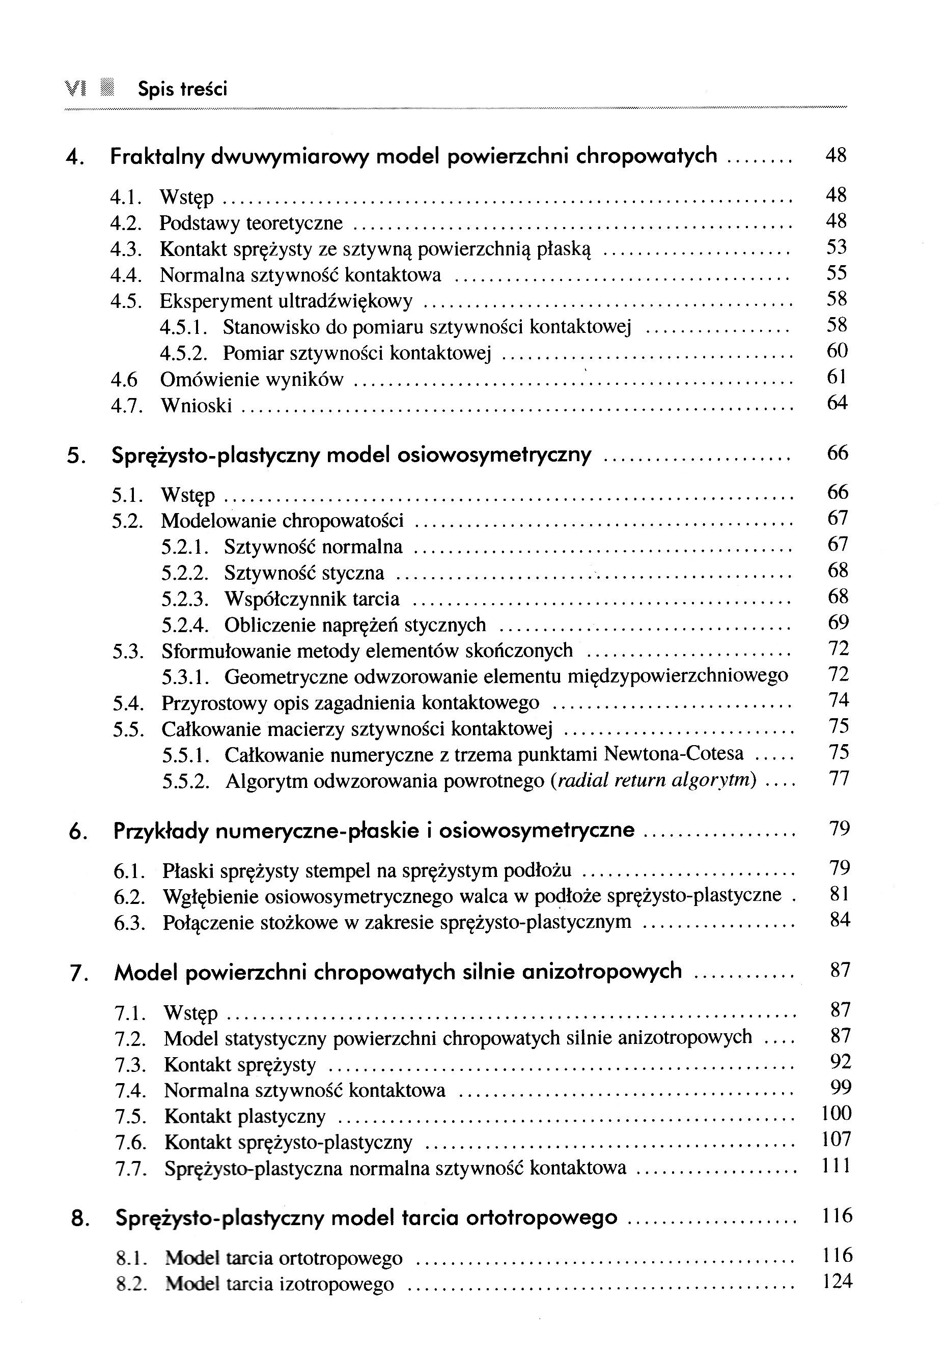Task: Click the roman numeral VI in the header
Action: (x=76, y=89)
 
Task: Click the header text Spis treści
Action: (x=182, y=90)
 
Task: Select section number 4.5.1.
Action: (x=184, y=327)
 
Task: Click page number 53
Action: (x=837, y=247)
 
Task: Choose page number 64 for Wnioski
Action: (x=837, y=404)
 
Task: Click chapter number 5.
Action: (x=73, y=456)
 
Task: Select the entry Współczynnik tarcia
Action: (x=312, y=600)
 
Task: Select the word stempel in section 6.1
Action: (x=362, y=871)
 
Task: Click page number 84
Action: (x=840, y=920)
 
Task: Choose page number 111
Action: (x=837, y=1166)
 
